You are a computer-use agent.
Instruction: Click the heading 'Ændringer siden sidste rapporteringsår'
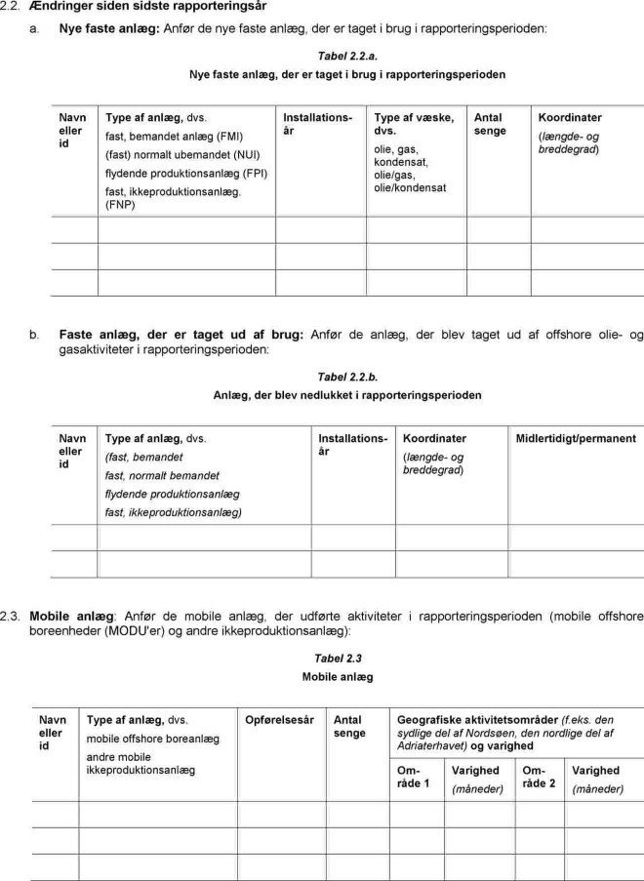pos(149,7)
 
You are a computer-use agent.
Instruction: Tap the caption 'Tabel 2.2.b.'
pos(347,377)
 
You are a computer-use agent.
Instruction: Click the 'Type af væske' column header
pos(414,123)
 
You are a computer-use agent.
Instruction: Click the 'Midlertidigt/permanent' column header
pos(576,439)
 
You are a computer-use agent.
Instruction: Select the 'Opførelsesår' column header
pos(279,720)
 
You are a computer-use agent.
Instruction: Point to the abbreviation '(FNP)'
pos(121,206)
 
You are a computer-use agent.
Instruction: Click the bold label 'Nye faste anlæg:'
pos(109,29)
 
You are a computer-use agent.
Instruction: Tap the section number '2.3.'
pos(11,617)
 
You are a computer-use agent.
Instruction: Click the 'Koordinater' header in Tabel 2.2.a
pos(570,117)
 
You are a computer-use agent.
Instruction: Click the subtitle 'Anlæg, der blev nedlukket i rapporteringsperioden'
pos(347,395)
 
